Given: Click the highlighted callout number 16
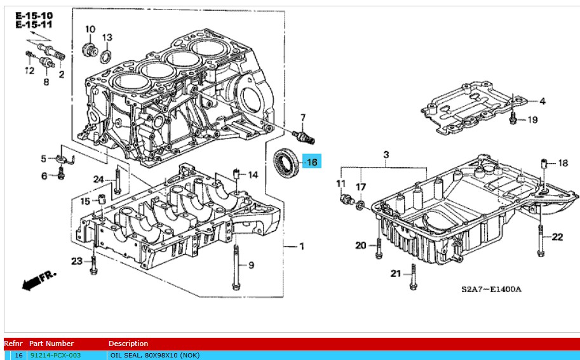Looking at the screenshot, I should click(312, 162).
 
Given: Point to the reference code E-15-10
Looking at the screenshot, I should click(34, 15).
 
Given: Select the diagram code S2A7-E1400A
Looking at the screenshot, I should click(491, 290).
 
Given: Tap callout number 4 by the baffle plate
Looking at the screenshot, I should click(543, 101).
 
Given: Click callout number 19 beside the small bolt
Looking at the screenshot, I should click(532, 119).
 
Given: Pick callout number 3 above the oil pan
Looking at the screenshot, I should click(385, 155).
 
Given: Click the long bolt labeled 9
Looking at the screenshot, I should click(236, 267).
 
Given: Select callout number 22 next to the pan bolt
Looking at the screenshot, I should click(557, 237).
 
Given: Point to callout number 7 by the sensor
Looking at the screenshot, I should click(303, 117).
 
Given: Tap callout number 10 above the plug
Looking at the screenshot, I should click(90, 29).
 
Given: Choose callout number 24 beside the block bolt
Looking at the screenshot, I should click(98, 179).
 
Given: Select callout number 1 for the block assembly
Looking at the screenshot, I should click(302, 246).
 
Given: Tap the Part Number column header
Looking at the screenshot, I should click(51, 343).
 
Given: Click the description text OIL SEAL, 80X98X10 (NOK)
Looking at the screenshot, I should click(150, 355).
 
